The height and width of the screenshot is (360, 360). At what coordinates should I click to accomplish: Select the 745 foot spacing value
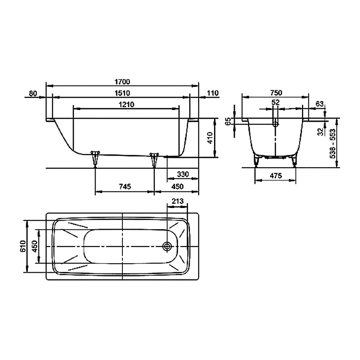[x=125, y=187]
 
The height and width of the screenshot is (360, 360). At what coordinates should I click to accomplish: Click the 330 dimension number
[x=182, y=175]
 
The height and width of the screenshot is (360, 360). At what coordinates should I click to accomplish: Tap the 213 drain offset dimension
[x=177, y=202]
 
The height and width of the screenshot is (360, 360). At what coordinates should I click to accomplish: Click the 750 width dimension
[x=276, y=93]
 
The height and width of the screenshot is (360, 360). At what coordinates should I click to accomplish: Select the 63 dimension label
[x=319, y=104]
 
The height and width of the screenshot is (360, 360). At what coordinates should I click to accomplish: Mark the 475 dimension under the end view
[x=276, y=176]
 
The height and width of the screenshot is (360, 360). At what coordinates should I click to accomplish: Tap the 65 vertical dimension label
[x=228, y=121]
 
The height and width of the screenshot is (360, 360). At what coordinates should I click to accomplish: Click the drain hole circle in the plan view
[x=167, y=246]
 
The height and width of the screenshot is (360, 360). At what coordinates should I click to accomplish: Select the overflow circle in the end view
[x=275, y=124]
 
